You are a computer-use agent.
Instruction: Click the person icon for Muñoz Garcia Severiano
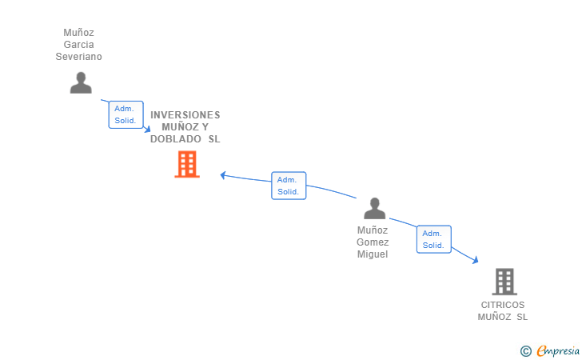(x=81, y=83)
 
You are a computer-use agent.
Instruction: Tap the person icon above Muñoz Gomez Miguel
(x=374, y=209)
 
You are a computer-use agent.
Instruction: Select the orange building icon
(x=187, y=164)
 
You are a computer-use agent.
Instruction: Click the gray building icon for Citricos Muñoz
(x=504, y=282)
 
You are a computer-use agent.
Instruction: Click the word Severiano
(x=78, y=57)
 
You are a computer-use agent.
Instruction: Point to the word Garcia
(x=78, y=45)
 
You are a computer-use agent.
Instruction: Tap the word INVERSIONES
(x=185, y=114)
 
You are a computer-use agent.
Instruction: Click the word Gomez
(x=373, y=242)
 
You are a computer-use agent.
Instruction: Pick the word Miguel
(x=373, y=254)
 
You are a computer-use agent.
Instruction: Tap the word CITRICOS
(x=503, y=305)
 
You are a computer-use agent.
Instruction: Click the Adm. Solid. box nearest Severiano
(x=126, y=114)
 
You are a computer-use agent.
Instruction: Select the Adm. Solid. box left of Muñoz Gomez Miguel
(x=289, y=186)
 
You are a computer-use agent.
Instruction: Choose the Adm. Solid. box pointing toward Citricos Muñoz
(x=434, y=239)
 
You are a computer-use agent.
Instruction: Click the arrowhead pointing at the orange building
(x=223, y=175)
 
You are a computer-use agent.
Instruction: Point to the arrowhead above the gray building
(x=475, y=260)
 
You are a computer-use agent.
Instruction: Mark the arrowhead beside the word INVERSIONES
(x=147, y=129)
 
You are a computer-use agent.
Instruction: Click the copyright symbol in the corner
(x=525, y=351)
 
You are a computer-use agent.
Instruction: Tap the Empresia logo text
(x=558, y=350)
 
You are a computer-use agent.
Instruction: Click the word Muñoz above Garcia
(x=78, y=33)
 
